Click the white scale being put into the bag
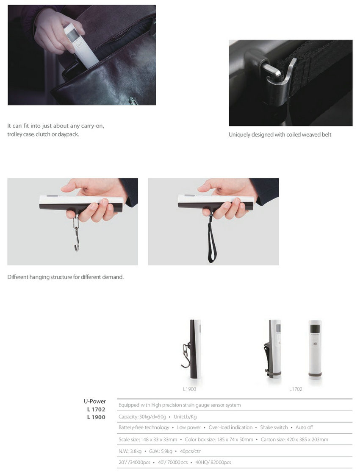[x=80, y=45]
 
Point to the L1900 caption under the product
[x=189, y=389]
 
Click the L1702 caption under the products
[x=296, y=389]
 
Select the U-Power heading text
[x=94, y=402]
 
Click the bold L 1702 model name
[x=96, y=409]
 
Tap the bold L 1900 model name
[x=96, y=417]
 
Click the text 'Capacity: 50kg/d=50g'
[x=142, y=417]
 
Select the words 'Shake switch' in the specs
[x=274, y=427]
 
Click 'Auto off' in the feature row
[x=304, y=427]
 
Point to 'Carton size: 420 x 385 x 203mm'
[x=294, y=440]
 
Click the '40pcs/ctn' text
[x=191, y=452]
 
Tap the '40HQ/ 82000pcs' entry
[x=213, y=463]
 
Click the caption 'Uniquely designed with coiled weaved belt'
[x=280, y=135]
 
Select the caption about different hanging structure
[x=66, y=277]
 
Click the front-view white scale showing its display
[x=315, y=349]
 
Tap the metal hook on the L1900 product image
[x=186, y=356]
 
